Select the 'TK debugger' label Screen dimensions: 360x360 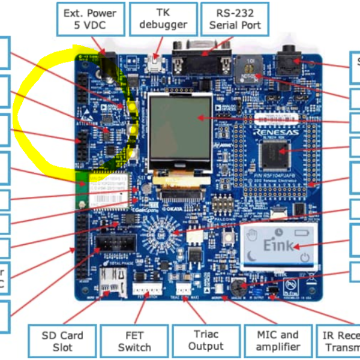point(163,18)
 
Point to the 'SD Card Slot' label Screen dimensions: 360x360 point(62,341)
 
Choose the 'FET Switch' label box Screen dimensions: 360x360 point(134,341)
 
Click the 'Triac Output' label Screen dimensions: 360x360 point(206,341)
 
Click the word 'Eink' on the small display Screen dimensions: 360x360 point(279,246)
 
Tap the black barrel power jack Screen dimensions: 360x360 point(108,64)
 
